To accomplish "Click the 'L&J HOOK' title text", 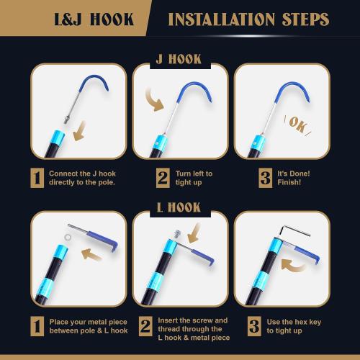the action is pyautogui.click(x=94, y=19).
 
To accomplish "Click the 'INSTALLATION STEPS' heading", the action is pyautogui.click(x=248, y=19).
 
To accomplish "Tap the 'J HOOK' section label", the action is pyautogui.click(x=179, y=59).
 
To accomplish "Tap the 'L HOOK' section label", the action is pyautogui.click(x=179, y=207).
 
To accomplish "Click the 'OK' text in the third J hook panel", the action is pyautogui.click(x=297, y=125).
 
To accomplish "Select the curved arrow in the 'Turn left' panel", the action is pyautogui.click(x=153, y=100).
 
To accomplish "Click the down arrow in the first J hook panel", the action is pyautogui.click(x=80, y=131).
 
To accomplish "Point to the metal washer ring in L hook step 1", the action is pyautogui.click(x=68, y=238).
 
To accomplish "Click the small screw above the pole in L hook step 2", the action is pyautogui.click(x=178, y=233).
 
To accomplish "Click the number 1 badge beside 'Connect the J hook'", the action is pyautogui.click(x=37, y=178).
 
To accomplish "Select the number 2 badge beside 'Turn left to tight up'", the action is pyautogui.click(x=163, y=178).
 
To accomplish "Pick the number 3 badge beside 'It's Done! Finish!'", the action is pyautogui.click(x=266, y=178).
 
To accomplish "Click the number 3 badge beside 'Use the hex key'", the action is pyautogui.click(x=254, y=326).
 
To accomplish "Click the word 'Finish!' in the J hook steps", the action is pyautogui.click(x=289, y=182).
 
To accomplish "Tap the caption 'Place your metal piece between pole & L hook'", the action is pyautogui.click(x=89, y=326).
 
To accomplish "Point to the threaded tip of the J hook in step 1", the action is pyautogui.click(x=67, y=120).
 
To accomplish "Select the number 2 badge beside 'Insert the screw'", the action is pyautogui.click(x=145, y=326).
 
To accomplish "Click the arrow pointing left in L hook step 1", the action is pyautogui.click(x=91, y=254).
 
